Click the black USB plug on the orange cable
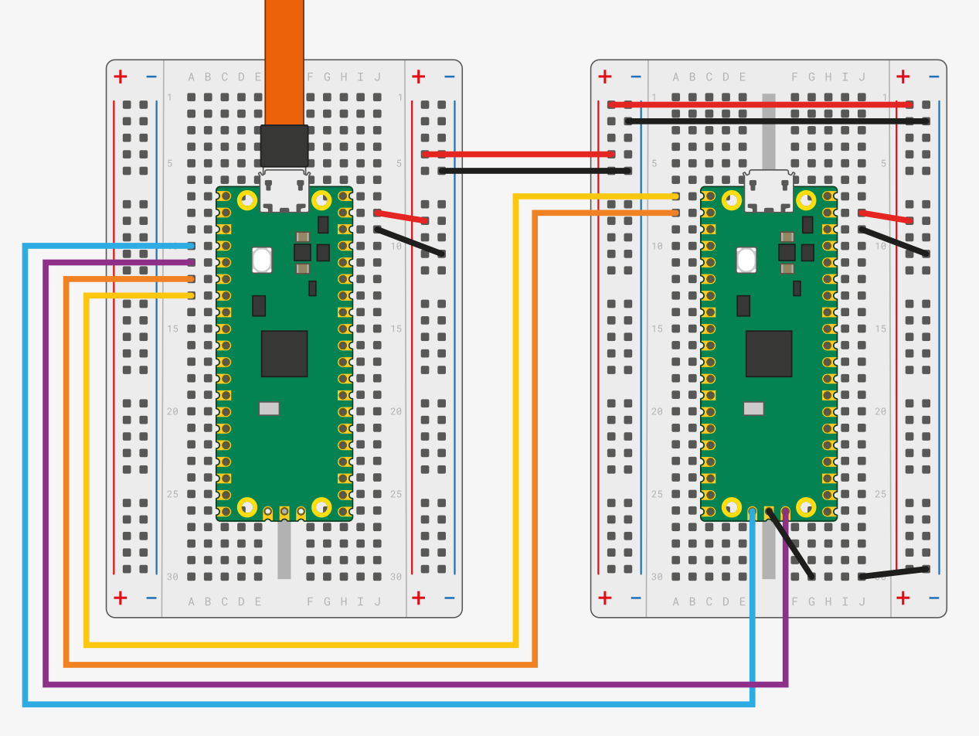(284, 145)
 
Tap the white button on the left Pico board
(262, 260)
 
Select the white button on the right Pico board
(746, 260)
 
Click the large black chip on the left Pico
(284, 353)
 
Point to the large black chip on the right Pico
(769, 353)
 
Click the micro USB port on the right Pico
(769, 191)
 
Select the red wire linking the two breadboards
(518, 154)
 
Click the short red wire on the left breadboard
(401, 216)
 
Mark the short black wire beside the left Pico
(410, 241)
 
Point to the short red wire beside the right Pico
(886, 216)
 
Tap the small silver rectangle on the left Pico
(269, 408)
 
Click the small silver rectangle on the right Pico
(753, 408)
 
